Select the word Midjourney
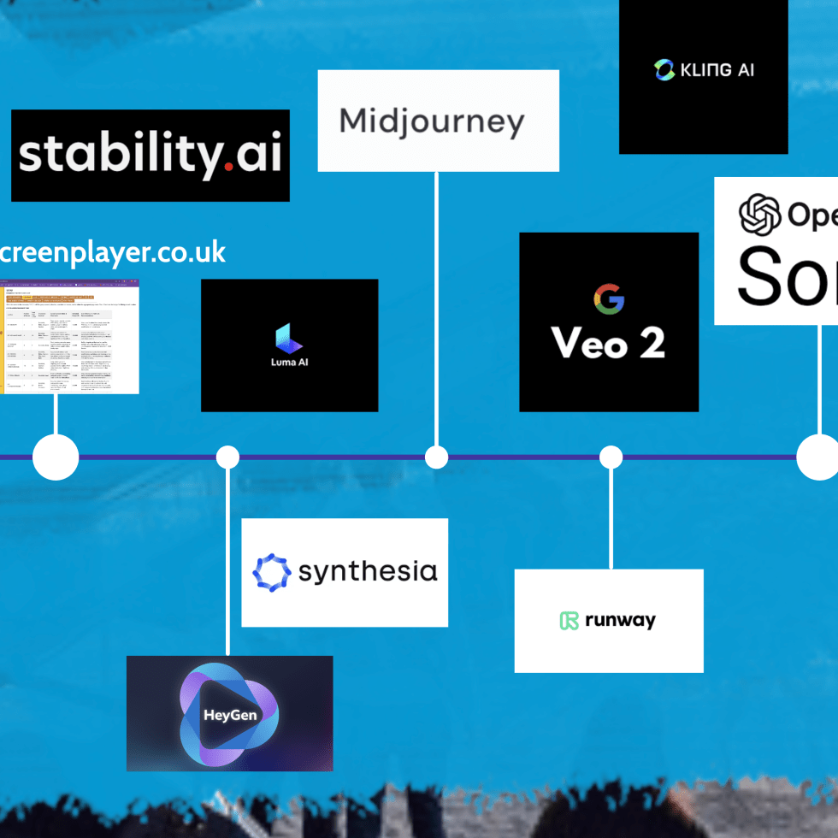pyautogui.click(x=432, y=121)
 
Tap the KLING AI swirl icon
pyautogui.click(x=664, y=70)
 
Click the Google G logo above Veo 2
pyautogui.click(x=609, y=298)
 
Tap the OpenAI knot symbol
pyautogui.click(x=760, y=214)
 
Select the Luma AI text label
pyautogui.click(x=289, y=363)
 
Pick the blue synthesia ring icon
pyautogui.click(x=272, y=572)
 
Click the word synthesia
pyautogui.click(x=368, y=572)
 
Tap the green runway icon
pyautogui.click(x=569, y=621)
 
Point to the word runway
pyautogui.click(x=620, y=621)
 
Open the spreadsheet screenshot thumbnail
pyautogui.click(x=69, y=337)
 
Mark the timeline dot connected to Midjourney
pyautogui.click(x=437, y=457)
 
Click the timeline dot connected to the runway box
pyautogui.click(x=611, y=457)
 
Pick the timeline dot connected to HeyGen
pyautogui.click(x=227, y=457)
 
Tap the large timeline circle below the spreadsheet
pyautogui.click(x=56, y=457)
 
